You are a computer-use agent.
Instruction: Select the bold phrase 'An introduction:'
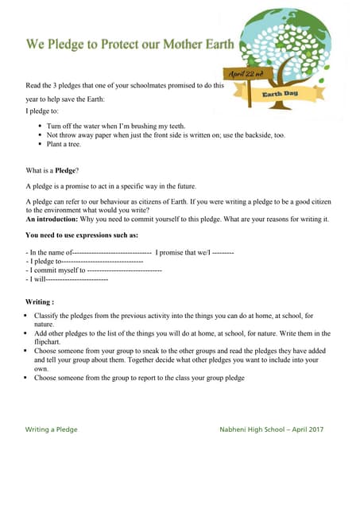click(52, 219)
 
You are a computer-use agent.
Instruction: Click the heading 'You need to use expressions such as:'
click(82, 235)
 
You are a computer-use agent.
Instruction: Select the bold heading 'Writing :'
click(40, 302)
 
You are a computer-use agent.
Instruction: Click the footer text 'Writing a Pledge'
click(52, 429)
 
